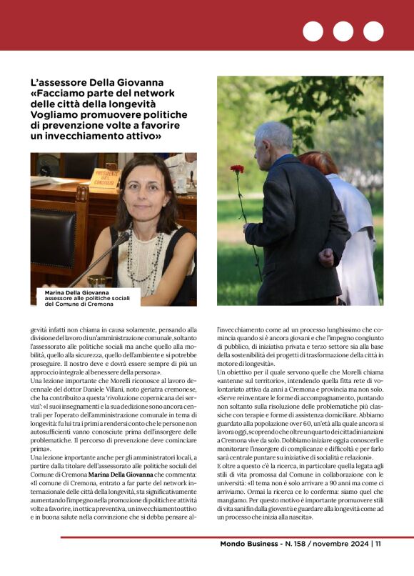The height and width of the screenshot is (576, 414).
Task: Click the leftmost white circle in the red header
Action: [x=313, y=31]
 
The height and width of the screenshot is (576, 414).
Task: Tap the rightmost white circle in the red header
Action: [x=373, y=31]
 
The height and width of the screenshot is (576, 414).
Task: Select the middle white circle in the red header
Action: [x=343, y=31]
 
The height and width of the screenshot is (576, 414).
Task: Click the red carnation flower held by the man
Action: [x=237, y=169]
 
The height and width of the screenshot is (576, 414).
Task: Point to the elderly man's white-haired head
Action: [x=273, y=138]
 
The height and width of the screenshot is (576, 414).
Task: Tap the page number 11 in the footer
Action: [x=378, y=545]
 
